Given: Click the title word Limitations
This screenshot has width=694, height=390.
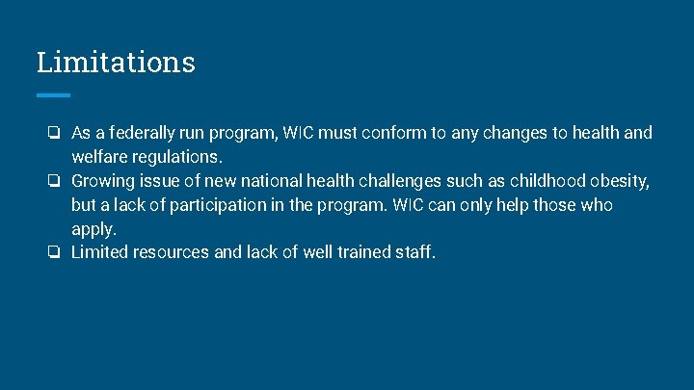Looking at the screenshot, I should coord(116,63).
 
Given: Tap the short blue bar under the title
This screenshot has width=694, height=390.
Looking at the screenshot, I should coord(53,95).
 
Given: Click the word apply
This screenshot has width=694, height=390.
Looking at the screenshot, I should coord(93,229).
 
